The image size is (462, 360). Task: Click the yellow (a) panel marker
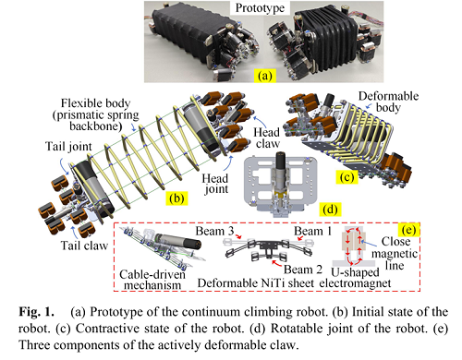coord(264,76)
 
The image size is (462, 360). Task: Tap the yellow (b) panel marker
coord(176,198)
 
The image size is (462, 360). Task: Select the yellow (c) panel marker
coord(346,177)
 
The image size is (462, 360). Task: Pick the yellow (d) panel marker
coord(330,210)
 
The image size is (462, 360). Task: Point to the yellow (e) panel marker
coord(408,230)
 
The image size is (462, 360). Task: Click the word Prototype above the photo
coord(260,8)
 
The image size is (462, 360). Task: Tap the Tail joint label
coord(68,147)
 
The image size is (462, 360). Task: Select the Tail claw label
coord(84,246)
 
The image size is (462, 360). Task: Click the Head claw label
coord(267,138)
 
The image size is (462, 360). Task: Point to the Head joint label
coord(215,184)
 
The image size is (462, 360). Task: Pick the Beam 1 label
coord(312,231)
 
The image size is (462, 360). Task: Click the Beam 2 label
coord(303,270)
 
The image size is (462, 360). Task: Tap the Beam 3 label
coord(215,231)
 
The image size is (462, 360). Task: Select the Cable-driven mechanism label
coord(152,280)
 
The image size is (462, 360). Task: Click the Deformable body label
coord(388,102)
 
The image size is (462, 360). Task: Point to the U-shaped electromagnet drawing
coord(354,246)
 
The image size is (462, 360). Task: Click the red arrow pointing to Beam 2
coord(276,264)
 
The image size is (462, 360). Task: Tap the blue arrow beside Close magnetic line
coord(370,244)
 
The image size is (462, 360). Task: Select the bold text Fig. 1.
coord(37,312)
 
